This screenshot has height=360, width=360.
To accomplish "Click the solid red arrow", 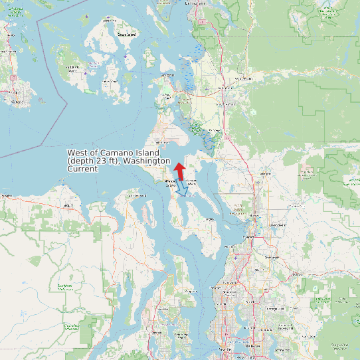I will click(x=180, y=171).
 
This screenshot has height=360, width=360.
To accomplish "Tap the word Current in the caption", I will click(x=82, y=169).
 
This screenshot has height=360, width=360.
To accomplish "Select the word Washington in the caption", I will click(x=147, y=161).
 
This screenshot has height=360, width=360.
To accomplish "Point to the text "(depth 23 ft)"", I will click(x=94, y=161).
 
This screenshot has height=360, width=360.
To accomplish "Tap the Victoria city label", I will click(x=15, y=94).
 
